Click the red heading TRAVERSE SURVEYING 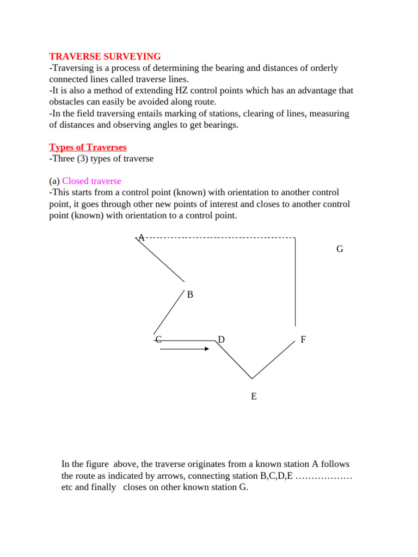tap(105, 57)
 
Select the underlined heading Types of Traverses tap(88, 147)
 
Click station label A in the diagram tap(141, 238)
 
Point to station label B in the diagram tap(190, 295)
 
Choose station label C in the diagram tap(158, 339)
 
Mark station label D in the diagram tap(221, 340)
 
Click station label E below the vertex tap(254, 397)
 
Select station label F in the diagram tap(303, 340)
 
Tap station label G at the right tap(340, 249)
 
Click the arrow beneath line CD tap(185, 349)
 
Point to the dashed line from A tap(218, 238)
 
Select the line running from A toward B tap(161, 259)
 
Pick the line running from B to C tap(169, 312)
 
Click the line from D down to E tap(233, 360)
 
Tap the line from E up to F tap(273, 360)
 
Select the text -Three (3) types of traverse tap(101, 159)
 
